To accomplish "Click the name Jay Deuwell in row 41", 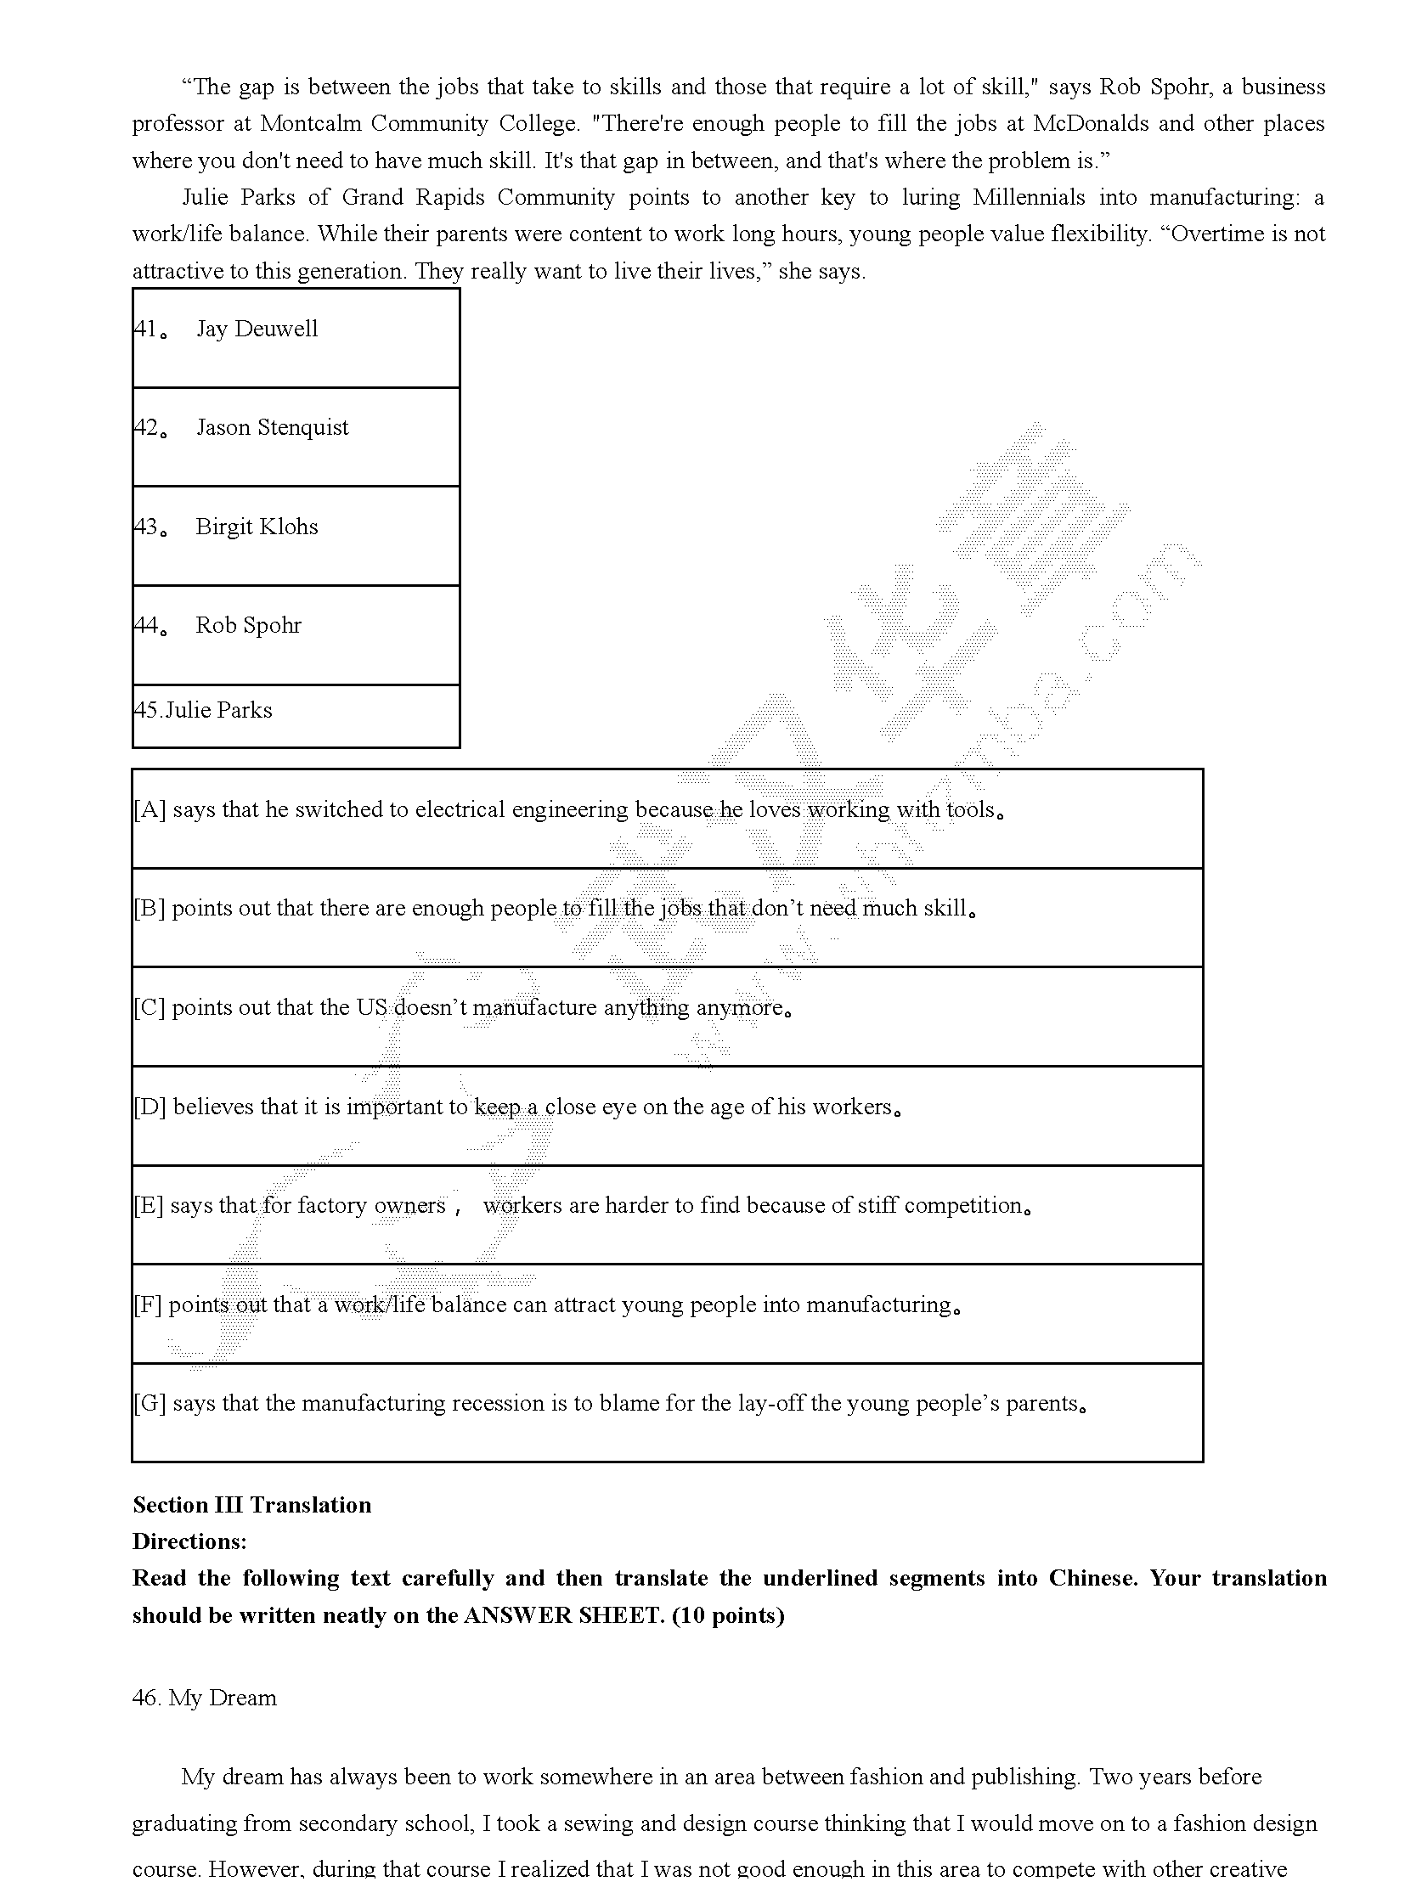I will click(x=257, y=330).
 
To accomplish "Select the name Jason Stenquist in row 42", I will click(x=272, y=428).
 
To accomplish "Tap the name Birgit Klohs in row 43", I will click(x=257, y=527).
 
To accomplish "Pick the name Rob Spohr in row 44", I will click(x=248, y=626).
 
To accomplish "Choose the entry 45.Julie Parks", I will click(x=203, y=711).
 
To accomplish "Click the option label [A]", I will click(x=149, y=809).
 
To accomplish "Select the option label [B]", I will click(x=149, y=909).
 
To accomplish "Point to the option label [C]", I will click(x=149, y=1008).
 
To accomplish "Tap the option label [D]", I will click(x=149, y=1107).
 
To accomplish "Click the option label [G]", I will click(x=149, y=1404).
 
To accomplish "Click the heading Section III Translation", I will click(x=251, y=1505).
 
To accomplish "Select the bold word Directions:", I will click(x=189, y=1541).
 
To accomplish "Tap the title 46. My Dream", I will click(x=204, y=1699).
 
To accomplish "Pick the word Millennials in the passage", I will click(x=1028, y=198).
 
